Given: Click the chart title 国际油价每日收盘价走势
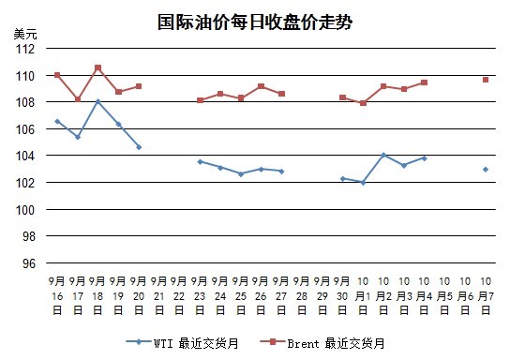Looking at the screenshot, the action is [255, 22].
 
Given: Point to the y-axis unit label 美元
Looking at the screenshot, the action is [25, 34].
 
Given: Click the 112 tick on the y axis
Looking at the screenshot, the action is [25, 50].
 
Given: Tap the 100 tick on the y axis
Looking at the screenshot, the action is [25, 210].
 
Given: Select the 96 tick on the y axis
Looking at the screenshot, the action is [29, 263].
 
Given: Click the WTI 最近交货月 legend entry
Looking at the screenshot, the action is [182, 343].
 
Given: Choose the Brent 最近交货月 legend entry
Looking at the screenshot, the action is [322, 343].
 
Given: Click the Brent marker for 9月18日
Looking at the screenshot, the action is [97, 67].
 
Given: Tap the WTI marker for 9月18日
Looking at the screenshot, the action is [97, 102].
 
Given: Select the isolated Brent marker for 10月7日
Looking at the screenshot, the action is [486, 80].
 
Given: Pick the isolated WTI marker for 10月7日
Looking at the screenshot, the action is [486, 170].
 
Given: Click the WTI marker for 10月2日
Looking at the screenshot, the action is [383, 155].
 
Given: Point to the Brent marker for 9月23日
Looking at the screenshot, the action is [200, 100].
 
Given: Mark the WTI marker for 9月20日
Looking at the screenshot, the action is [139, 147].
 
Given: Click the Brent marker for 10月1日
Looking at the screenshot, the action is [363, 103].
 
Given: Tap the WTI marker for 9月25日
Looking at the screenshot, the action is [241, 174].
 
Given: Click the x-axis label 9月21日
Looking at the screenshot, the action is [159, 295].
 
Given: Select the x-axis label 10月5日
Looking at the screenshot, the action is [444, 295].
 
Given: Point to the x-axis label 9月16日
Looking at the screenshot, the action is [57, 295].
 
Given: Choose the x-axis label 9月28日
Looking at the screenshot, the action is [302, 295].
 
